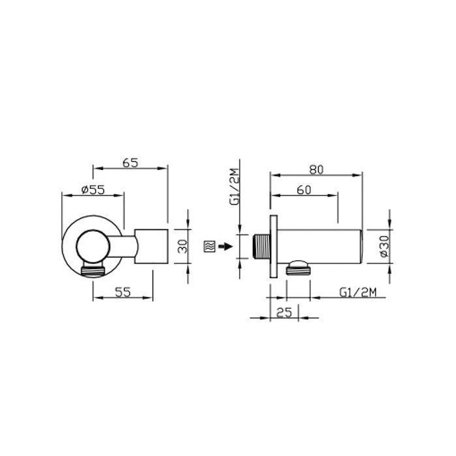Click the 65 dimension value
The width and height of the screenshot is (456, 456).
point(130,163)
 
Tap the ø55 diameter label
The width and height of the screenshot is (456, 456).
point(93,190)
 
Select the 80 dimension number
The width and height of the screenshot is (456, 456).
point(316,170)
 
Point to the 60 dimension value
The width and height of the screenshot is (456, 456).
point(304,190)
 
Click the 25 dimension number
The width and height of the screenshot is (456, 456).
point(284,313)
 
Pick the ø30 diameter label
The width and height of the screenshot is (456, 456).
point(384,246)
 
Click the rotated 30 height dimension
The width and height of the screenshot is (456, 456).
point(182,246)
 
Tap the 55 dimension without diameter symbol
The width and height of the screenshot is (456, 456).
point(122,292)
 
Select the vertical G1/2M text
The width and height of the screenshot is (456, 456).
point(235,187)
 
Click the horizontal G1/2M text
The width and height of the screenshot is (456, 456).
point(358,292)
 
